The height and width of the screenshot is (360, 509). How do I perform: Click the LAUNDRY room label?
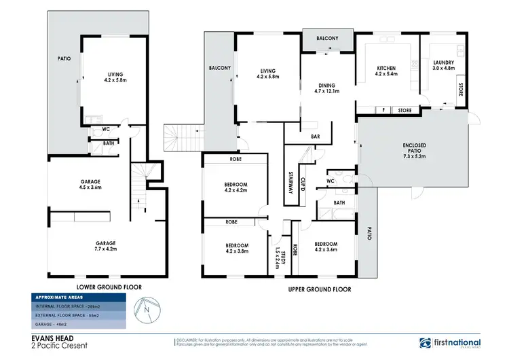coord(444,65)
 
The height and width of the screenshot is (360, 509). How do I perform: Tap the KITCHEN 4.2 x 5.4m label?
coord(386,70)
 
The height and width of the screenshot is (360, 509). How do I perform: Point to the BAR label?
coord(315,137)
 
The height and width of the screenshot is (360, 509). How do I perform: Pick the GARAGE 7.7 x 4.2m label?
coord(105,246)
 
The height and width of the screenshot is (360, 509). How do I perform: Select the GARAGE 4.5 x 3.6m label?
coord(91,185)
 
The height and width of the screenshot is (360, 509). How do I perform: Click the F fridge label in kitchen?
coord(383,109)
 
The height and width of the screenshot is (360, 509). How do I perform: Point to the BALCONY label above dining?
coord(327,39)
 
